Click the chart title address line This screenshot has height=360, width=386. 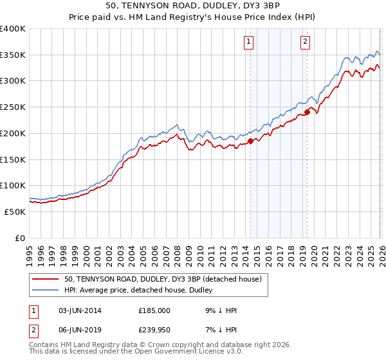click(x=193, y=7)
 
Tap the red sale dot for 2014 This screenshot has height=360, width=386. click(x=250, y=141)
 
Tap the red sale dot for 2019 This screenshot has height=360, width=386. click(x=308, y=113)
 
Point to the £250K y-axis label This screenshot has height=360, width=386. click(x=13, y=107)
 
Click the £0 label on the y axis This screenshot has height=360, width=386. click(x=21, y=238)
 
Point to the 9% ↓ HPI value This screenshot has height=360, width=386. click(x=219, y=310)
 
